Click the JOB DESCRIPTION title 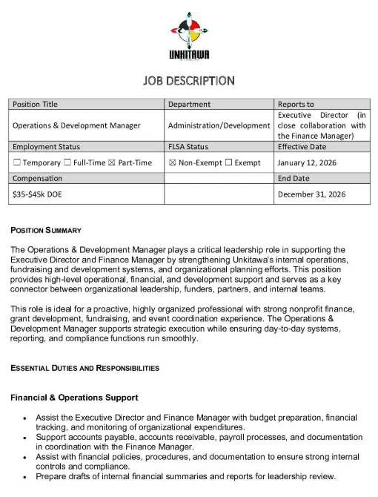[x=189, y=80]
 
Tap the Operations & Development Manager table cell [x=76, y=125]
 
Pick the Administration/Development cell [x=219, y=125]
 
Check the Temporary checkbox [x=17, y=162]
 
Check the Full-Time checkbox [x=67, y=162]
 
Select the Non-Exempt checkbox [x=173, y=162]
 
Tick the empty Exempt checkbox [x=228, y=162]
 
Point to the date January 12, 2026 [x=307, y=162]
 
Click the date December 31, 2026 [x=311, y=194]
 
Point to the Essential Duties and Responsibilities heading [x=84, y=368]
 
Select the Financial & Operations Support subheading [x=73, y=398]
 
